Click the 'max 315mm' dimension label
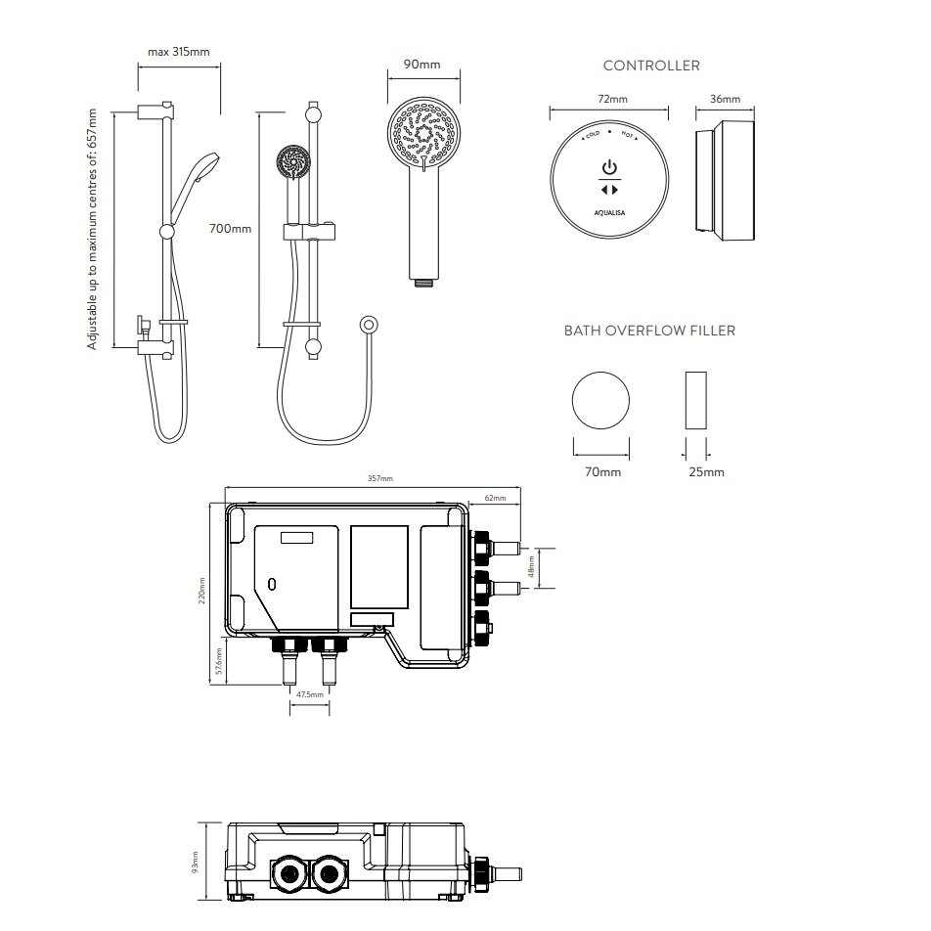coord(178,52)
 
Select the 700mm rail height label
coord(231,229)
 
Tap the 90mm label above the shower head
coord(421,66)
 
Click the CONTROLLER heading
coord(650,66)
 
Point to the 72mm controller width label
coord(612,100)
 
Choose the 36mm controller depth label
coord(725,100)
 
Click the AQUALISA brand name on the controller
coord(609,208)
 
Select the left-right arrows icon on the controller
coord(609,189)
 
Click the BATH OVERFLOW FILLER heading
coord(649,331)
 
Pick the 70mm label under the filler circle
coord(602,472)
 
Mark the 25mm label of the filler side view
coord(706,472)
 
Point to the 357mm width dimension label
coord(379,479)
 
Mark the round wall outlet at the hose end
coord(369,323)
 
